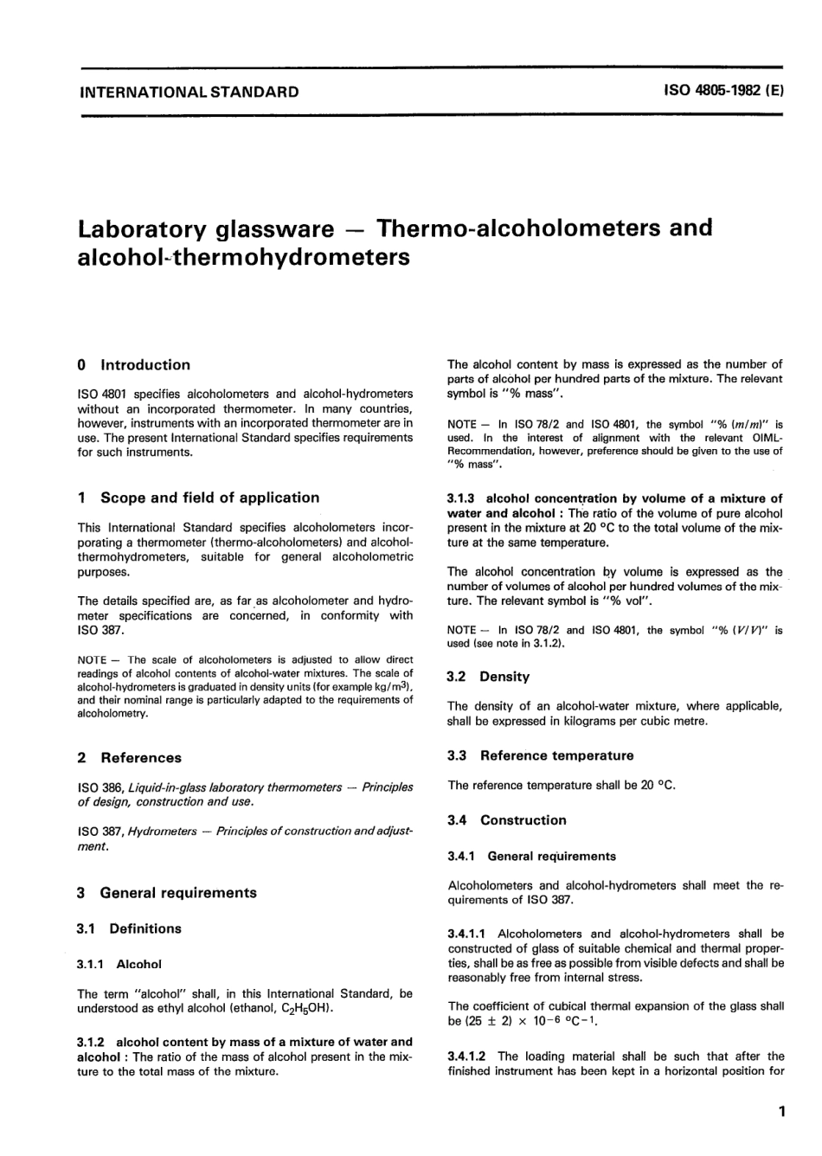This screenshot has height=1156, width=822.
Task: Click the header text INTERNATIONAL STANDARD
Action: coord(189,92)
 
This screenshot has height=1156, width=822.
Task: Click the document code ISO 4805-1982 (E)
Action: coord(723,91)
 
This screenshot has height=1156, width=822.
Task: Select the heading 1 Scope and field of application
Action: coord(198,498)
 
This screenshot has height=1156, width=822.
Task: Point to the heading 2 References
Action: coord(129,758)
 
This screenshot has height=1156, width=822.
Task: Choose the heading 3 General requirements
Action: coord(166,893)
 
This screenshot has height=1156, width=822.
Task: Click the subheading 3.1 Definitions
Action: coord(129,928)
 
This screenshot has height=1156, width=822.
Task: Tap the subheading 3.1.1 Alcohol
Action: coord(119,964)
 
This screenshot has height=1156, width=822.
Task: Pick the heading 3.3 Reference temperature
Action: coord(540,755)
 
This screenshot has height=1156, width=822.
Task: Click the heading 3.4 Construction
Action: coord(506,820)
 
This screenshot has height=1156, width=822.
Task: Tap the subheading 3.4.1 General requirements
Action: coord(532,856)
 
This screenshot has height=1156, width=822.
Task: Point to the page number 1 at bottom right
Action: coord(780,1112)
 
